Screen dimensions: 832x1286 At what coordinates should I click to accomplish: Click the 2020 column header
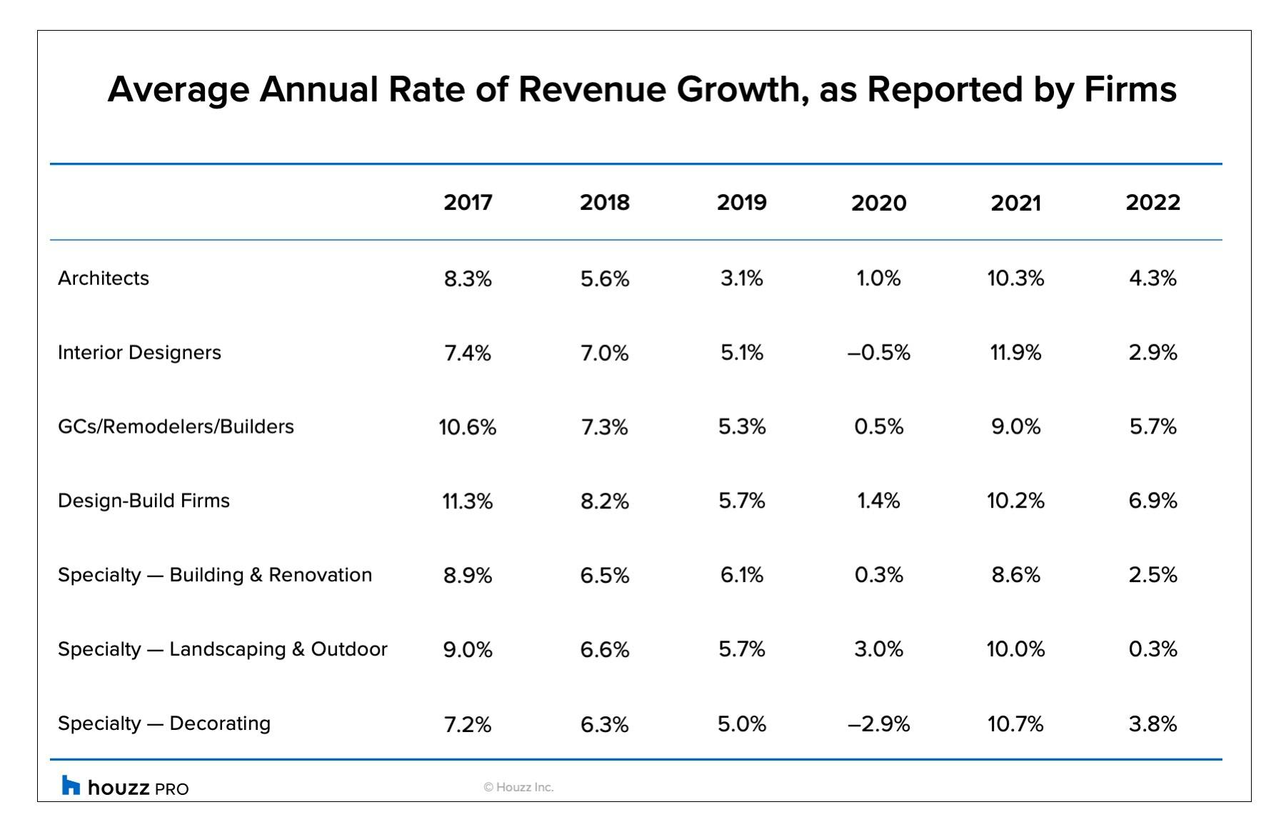[x=878, y=203]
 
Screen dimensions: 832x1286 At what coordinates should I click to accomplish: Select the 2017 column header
[x=468, y=202]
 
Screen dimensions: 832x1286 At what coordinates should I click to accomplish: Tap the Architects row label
[x=104, y=278]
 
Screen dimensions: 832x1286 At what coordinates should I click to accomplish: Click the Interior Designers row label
[x=139, y=352]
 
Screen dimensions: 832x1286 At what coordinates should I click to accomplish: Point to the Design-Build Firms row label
[x=144, y=501]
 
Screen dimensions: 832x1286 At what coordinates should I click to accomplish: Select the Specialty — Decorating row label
[x=164, y=723]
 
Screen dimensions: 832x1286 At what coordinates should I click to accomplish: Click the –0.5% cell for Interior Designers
[x=878, y=353]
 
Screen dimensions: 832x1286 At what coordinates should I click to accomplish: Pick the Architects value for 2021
[x=1015, y=279]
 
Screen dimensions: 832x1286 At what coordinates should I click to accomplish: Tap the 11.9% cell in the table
[x=1015, y=353]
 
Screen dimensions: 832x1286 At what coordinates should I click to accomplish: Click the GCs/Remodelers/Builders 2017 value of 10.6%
[x=468, y=427]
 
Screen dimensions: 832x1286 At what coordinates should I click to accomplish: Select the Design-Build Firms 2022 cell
[x=1152, y=501]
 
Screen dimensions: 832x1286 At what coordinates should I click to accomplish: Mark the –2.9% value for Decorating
[x=878, y=724]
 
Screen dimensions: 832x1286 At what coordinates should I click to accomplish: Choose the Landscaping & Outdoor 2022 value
[x=1152, y=649]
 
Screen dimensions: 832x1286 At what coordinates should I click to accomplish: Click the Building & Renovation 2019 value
[x=741, y=575]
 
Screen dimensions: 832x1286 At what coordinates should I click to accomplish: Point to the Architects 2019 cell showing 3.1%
[x=741, y=279]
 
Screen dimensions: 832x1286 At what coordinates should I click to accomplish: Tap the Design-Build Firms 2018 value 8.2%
[x=604, y=501]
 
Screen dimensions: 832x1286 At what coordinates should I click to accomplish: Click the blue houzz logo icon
[x=71, y=786]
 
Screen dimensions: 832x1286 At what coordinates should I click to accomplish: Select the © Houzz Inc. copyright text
[x=518, y=787]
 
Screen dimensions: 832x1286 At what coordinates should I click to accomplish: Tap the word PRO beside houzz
[x=171, y=789]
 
